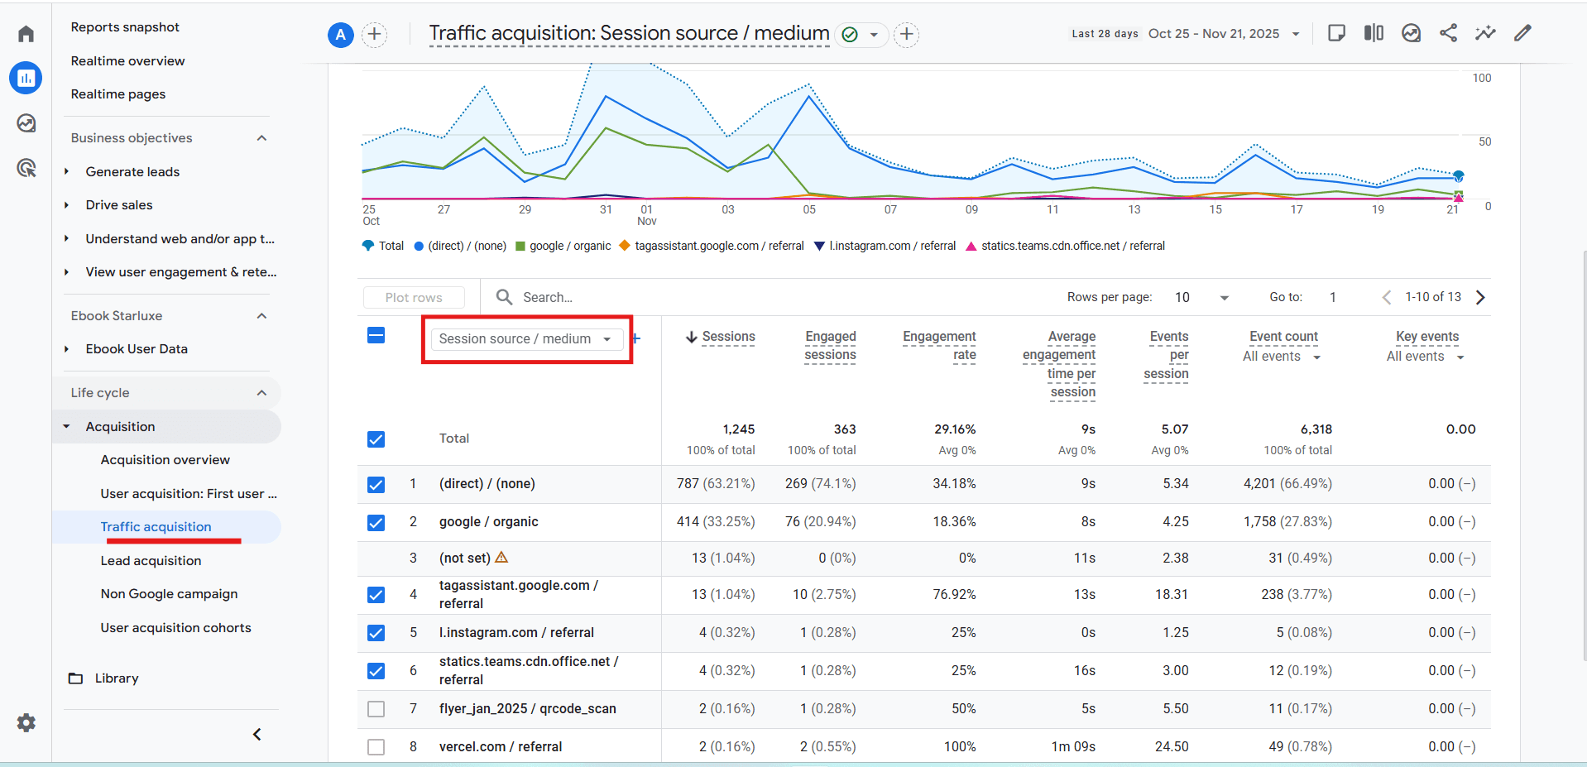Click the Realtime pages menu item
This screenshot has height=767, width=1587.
117,94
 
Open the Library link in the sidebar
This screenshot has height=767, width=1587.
116,678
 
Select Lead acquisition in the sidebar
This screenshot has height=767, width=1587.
151,561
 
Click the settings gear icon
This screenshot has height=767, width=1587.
26,722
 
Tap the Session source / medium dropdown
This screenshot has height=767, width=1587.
525,339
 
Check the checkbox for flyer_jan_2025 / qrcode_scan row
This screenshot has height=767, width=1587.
376,709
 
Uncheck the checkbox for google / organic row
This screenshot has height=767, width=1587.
376,522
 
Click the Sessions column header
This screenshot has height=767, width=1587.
728,337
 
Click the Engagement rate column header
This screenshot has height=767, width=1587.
939,345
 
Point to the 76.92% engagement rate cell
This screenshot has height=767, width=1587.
954,595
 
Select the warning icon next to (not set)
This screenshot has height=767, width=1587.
501,558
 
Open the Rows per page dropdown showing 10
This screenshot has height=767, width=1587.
1201,298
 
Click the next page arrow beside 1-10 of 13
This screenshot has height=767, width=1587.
1480,298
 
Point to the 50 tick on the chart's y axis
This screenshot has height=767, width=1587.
1484,142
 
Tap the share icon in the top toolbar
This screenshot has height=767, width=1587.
1448,33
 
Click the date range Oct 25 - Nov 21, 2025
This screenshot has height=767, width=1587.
1214,34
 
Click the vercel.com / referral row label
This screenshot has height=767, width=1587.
500,747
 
